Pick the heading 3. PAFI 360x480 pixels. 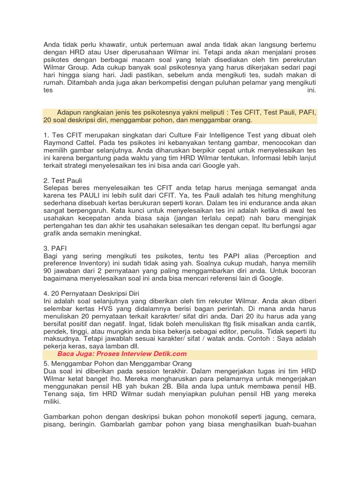(x=53, y=248)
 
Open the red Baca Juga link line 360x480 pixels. (x=122, y=354)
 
